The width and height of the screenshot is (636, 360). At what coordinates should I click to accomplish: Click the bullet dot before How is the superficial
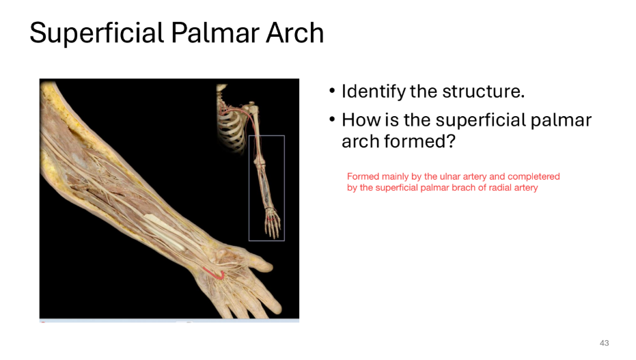[x=332, y=121]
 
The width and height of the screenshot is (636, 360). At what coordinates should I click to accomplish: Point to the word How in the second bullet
[x=359, y=121]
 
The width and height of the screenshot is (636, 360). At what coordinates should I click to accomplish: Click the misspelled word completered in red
[x=533, y=176]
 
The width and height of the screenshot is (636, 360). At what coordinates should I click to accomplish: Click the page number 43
[x=604, y=343]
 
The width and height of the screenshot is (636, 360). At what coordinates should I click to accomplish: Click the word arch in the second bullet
[x=360, y=141]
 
